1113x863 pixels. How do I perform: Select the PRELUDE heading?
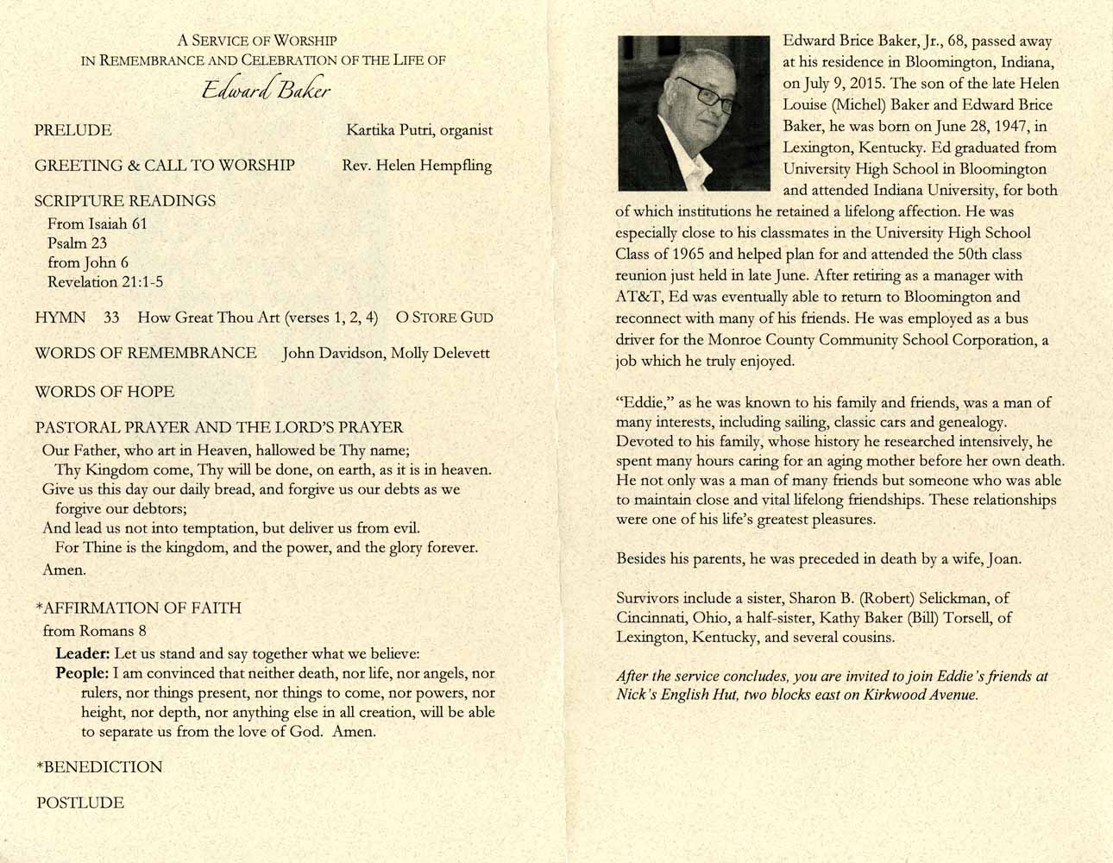(x=73, y=130)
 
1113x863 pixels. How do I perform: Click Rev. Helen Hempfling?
(x=417, y=166)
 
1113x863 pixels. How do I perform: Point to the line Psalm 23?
(x=78, y=243)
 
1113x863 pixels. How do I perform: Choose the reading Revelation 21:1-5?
(x=105, y=282)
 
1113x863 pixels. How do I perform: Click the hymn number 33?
(x=111, y=318)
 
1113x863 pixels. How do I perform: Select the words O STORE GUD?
(x=444, y=318)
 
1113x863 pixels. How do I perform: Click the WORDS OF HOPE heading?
(x=104, y=392)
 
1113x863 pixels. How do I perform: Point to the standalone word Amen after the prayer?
(x=63, y=570)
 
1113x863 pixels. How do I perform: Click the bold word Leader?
(x=83, y=653)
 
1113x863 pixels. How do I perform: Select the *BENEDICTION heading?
(x=99, y=767)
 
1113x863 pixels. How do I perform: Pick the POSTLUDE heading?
(x=80, y=803)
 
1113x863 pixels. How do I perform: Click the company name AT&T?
(x=638, y=297)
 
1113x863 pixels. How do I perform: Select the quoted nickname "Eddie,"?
(x=645, y=403)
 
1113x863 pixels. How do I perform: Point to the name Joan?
(x=1004, y=559)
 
